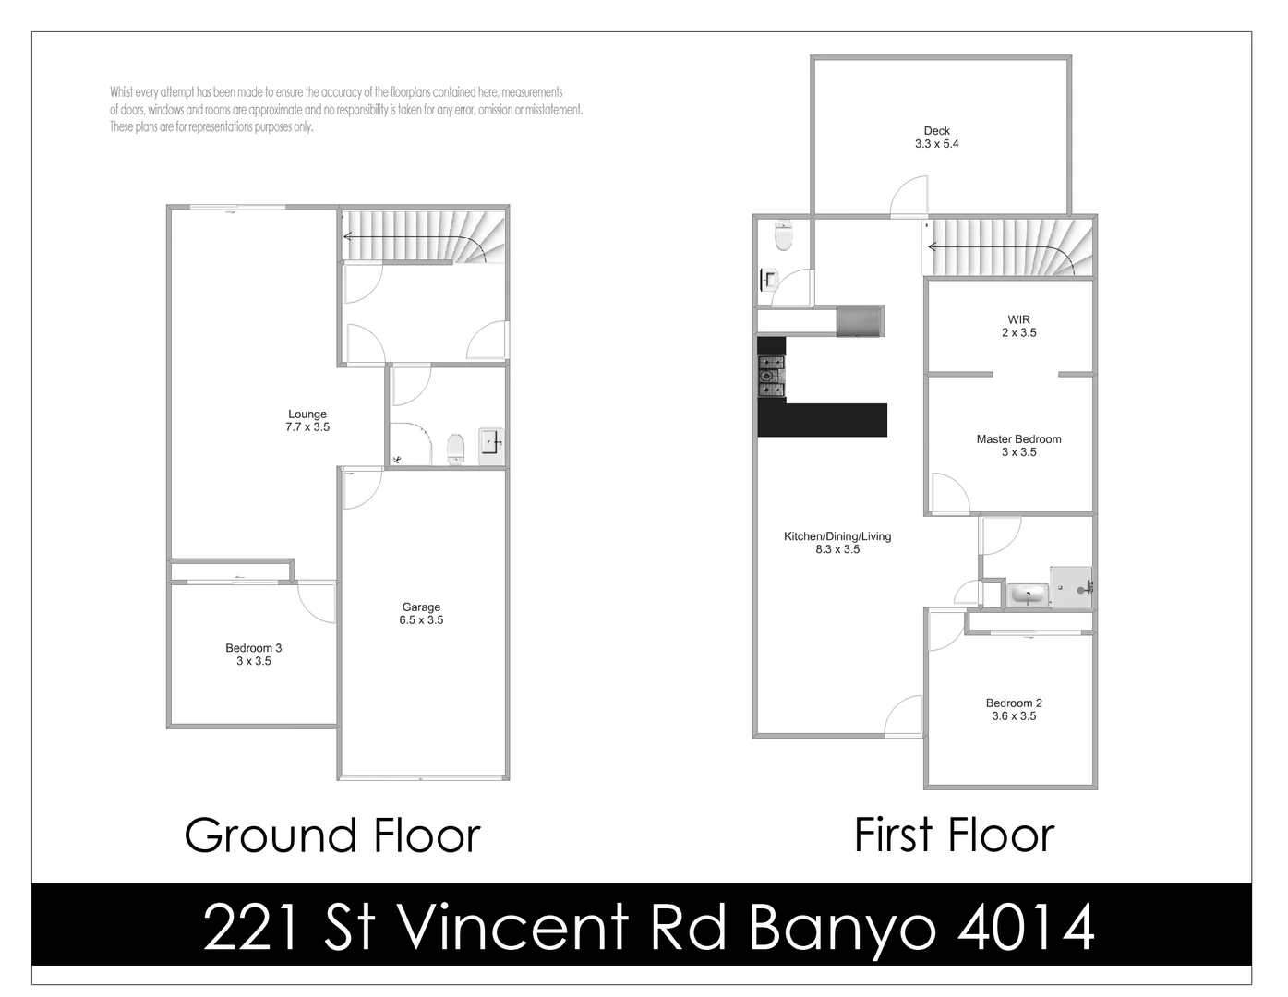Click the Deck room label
pos(936,131)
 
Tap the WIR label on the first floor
pos(1018,319)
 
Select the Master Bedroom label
pos(1018,439)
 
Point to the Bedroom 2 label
pos(1014,703)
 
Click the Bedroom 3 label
pos(253,648)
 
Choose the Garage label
pos(421,607)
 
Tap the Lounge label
pos(307,414)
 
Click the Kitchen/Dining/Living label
pos(837,536)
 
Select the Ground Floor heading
pos(332,835)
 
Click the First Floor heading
pos(954,835)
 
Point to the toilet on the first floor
pos(784,236)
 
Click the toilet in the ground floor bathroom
pos(455,450)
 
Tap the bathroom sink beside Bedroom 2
pos(1027,595)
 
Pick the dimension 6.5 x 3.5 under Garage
pos(421,620)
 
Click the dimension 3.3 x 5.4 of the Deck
pos(936,144)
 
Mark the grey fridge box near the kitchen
pos(860,320)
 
